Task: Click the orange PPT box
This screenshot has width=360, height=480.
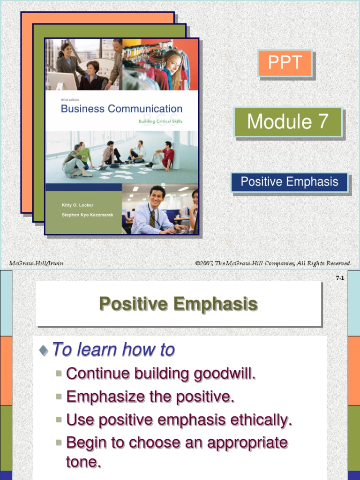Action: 285,63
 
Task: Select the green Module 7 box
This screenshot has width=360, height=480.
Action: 288,122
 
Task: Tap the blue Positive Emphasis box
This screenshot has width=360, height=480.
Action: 289,182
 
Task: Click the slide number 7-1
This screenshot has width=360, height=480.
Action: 340,278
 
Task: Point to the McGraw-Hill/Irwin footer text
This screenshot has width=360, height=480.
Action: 36,263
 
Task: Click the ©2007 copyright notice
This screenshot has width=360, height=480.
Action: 273,263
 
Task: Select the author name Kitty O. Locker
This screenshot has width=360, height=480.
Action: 77,205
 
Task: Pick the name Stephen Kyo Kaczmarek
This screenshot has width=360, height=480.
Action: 88,215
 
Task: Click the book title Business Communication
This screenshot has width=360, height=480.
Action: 121,109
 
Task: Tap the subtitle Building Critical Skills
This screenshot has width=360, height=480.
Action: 160,121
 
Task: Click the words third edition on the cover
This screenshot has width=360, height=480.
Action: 70,100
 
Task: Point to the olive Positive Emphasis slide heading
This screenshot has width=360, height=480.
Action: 179,304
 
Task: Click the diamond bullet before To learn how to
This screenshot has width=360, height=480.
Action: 44,350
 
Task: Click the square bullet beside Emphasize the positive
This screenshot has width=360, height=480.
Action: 59,397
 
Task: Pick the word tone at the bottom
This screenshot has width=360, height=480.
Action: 83,462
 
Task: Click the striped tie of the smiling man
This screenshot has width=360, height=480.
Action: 152,218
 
